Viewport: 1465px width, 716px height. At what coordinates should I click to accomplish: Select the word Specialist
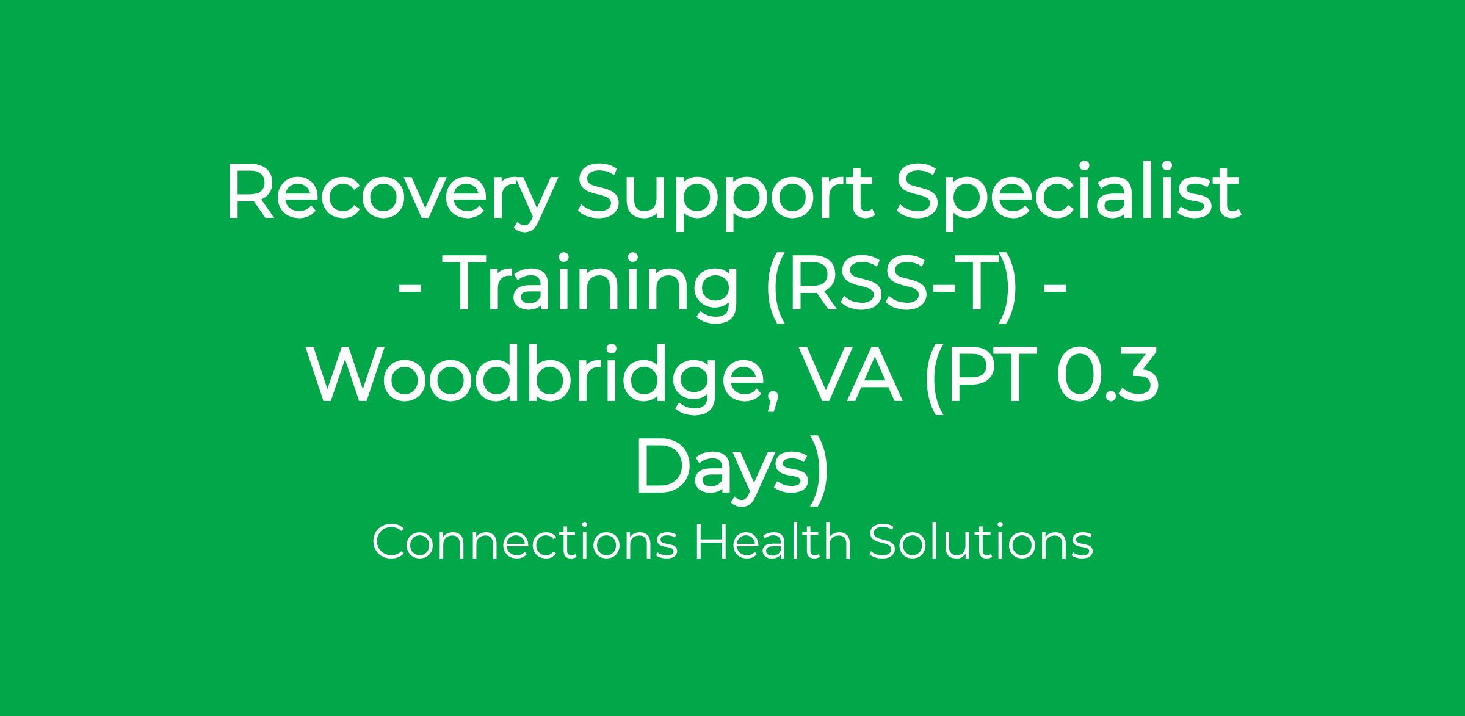1068,192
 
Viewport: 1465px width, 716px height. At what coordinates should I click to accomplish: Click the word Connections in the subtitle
525,543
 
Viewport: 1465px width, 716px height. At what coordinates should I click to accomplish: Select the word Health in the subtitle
773,541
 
